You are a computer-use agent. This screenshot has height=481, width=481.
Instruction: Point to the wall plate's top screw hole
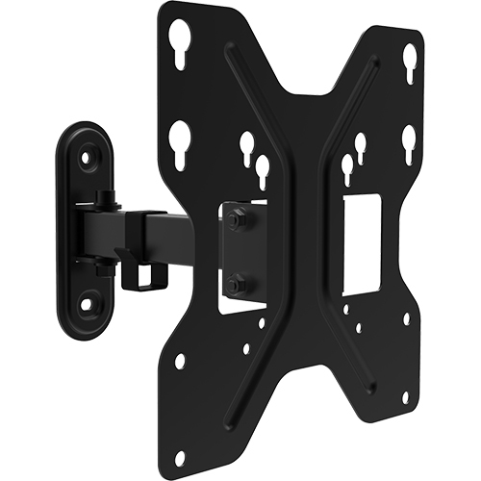[89, 152]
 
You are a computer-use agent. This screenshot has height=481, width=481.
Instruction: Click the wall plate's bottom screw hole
[89, 304]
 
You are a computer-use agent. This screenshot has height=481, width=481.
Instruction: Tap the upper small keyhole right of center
[361, 145]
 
